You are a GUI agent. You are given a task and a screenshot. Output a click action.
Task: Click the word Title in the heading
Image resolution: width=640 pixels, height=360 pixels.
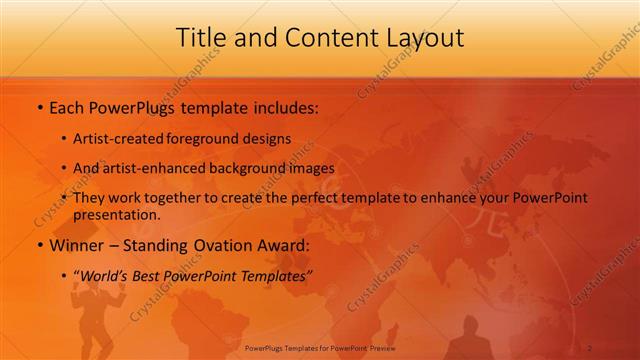(x=200, y=37)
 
